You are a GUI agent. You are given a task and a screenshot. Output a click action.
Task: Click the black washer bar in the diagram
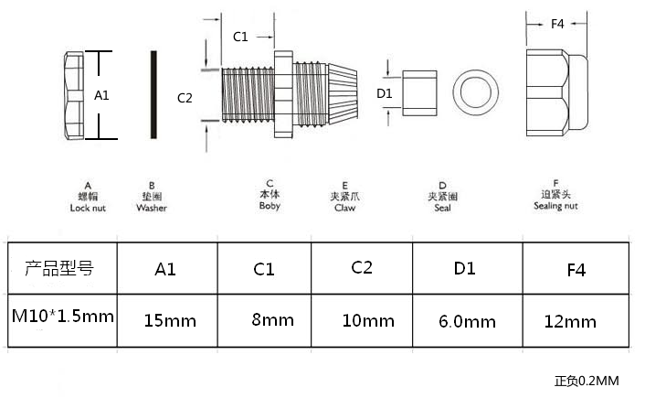coord(153,94)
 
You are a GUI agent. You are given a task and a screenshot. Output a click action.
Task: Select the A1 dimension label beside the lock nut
coord(101,95)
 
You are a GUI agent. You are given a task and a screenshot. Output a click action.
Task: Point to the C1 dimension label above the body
coord(240,37)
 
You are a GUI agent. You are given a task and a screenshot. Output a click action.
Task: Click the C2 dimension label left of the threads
coord(185,98)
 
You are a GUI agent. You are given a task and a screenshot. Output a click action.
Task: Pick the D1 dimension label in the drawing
coord(385,93)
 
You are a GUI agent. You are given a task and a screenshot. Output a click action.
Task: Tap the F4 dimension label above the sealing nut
coord(557,24)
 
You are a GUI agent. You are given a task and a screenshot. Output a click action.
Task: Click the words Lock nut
coord(88,208)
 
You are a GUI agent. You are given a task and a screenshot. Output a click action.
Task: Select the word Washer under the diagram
coord(152,208)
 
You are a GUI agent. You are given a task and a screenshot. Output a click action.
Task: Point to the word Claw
coord(344,208)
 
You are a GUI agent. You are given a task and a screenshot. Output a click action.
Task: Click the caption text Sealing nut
coord(555,206)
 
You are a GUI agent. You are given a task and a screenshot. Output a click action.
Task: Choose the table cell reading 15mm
coord(170,321)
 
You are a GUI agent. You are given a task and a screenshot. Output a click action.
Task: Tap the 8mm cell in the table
coord(273,320)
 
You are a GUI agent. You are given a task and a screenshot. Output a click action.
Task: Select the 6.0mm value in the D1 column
coord(467,322)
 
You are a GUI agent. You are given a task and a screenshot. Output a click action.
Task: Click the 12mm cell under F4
coord(570,322)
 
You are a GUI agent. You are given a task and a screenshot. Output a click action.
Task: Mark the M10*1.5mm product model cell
coord(62,317)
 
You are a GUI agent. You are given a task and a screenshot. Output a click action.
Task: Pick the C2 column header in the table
coord(362,268)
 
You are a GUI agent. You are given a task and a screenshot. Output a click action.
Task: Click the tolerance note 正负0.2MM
coord(587,382)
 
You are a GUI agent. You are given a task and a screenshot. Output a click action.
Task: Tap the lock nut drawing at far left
coord(74,95)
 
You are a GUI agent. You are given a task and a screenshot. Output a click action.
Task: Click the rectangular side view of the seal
coord(419,93)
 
